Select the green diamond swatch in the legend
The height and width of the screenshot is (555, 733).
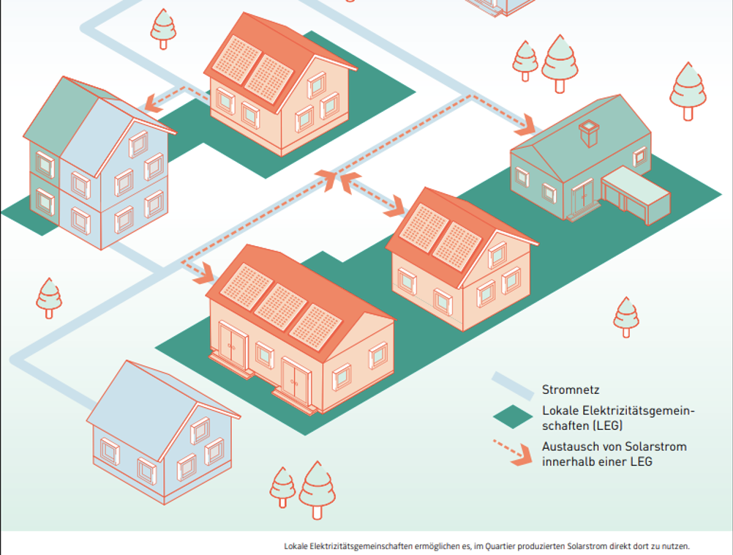pyautogui.click(x=513, y=417)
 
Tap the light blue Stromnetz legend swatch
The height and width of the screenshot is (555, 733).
pyautogui.click(x=513, y=386)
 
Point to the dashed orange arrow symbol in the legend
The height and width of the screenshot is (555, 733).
pyautogui.click(x=513, y=452)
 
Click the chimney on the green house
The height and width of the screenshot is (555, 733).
pyautogui.click(x=589, y=133)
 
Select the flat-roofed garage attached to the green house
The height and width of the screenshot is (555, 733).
pyautogui.click(x=636, y=195)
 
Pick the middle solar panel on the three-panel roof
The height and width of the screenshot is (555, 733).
pyautogui.click(x=280, y=308)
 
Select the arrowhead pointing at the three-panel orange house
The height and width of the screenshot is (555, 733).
pyautogui.click(x=204, y=274)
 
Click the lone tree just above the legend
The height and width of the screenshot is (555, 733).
pyautogui.click(x=626, y=317)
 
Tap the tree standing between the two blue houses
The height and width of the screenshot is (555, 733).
pyautogui.click(x=49, y=299)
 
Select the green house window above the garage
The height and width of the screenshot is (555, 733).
pyautogui.click(x=640, y=157)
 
